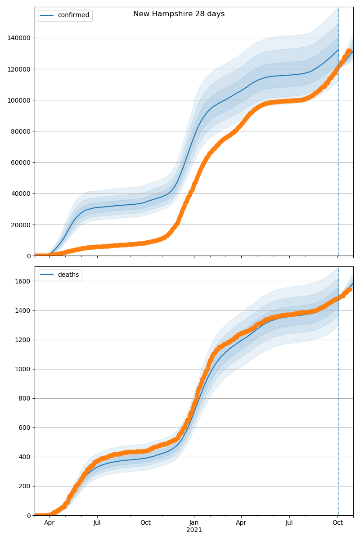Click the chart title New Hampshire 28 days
click(179, 14)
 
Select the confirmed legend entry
click(73, 15)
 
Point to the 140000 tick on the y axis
click(19, 38)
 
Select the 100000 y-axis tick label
click(19, 100)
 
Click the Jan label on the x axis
click(194, 523)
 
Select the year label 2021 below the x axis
click(194, 530)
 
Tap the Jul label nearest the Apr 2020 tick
click(97, 523)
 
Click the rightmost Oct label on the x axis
click(338, 523)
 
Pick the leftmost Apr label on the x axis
click(49, 523)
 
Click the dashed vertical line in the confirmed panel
click(338, 135)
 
